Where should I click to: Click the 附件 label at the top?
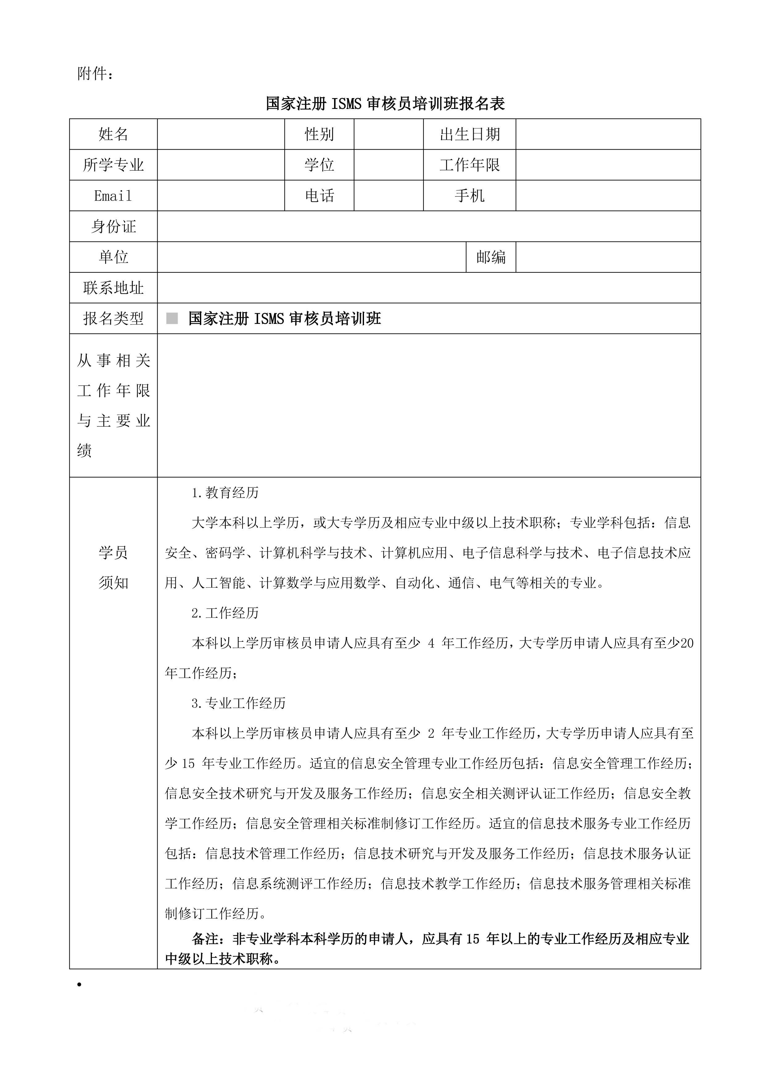95,74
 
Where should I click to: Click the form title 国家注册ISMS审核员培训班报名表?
385,104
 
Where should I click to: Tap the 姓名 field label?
113,134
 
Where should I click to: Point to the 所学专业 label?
113,165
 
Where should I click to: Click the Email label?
113,196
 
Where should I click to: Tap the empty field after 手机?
608,196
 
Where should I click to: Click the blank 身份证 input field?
429,226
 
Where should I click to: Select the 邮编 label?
491,257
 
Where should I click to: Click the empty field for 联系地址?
429,288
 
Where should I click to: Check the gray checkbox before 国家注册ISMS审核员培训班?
172,319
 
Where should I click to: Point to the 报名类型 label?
113,319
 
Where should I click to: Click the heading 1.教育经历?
225,493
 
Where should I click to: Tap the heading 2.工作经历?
225,613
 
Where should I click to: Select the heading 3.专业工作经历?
238,703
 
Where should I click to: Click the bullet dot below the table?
80,985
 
